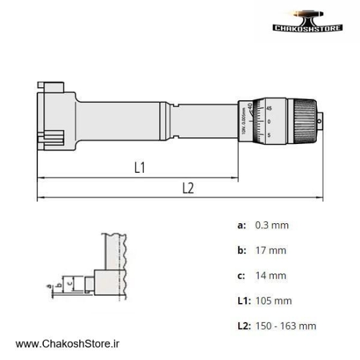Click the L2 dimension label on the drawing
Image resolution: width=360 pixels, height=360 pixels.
[187, 187]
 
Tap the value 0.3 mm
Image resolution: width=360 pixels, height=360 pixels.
[272, 225]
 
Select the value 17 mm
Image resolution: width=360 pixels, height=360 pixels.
[270, 250]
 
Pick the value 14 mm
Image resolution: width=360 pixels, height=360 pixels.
[270, 276]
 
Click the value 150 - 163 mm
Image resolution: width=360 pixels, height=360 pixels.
[285, 326]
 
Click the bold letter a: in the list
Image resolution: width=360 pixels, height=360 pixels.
[242, 225]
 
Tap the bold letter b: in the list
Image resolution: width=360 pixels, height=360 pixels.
[242, 250]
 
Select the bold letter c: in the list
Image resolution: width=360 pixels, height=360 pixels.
[242, 276]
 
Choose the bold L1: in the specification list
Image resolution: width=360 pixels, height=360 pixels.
[243, 300]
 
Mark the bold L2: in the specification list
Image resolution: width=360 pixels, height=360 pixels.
[244, 326]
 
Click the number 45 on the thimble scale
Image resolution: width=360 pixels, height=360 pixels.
[270, 108]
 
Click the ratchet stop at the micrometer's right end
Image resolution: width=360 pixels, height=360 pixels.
[321, 121]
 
